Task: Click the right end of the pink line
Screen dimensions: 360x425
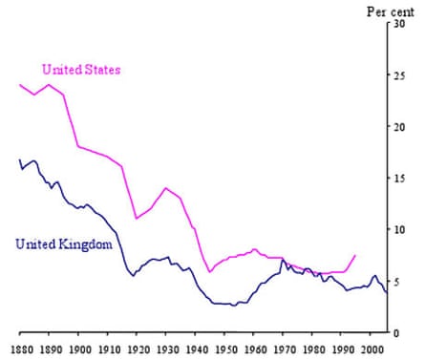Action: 355,255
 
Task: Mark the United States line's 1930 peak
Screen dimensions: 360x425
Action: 165,188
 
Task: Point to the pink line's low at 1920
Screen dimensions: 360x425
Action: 137,219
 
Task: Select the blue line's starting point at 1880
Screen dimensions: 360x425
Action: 20,160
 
